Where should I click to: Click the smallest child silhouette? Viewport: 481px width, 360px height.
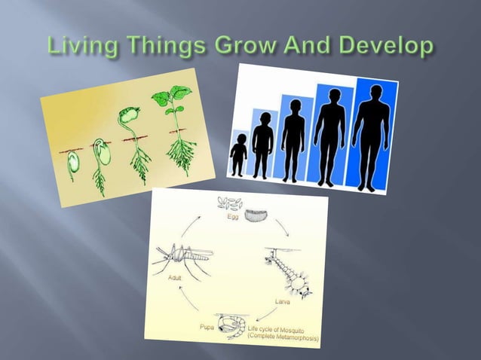[x=238, y=154]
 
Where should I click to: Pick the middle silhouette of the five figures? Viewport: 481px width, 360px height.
[x=293, y=136]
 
